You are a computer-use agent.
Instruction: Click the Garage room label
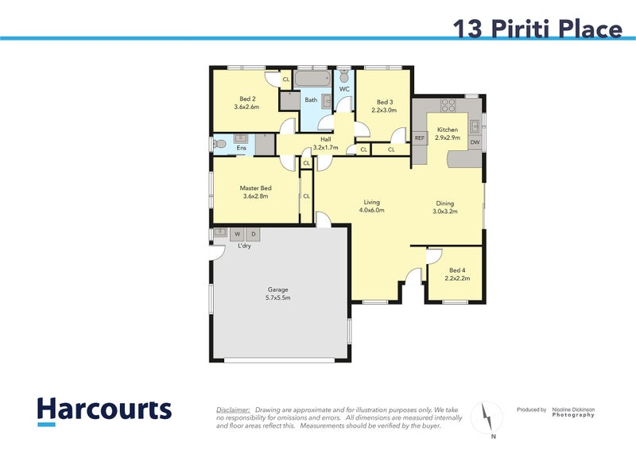pyautogui.click(x=278, y=289)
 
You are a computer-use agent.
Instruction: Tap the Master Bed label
pyautogui.click(x=255, y=188)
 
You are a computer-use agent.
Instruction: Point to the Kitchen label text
pyautogui.click(x=447, y=130)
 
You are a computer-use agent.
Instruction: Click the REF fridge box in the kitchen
pyautogui.click(x=420, y=138)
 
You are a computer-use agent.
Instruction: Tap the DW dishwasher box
pyautogui.click(x=475, y=142)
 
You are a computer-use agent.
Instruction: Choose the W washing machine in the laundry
pyautogui.click(x=237, y=235)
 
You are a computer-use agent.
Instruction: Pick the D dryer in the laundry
pyautogui.click(x=253, y=235)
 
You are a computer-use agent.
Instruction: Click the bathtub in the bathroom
pyautogui.click(x=312, y=80)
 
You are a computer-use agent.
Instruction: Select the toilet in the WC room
pyautogui.click(x=344, y=76)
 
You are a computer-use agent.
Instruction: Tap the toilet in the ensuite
pyautogui.click(x=219, y=145)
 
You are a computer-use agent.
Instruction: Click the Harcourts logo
pyautogui.click(x=104, y=411)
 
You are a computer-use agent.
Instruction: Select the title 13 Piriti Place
pyautogui.click(x=537, y=29)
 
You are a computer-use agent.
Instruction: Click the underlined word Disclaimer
pyautogui.click(x=233, y=409)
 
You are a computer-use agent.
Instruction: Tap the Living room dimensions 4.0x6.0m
pyautogui.click(x=371, y=211)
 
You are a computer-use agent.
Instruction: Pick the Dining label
pyautogui.click(x=444, y=203)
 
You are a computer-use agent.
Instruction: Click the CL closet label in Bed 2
pyautogui.click(x=286, y=79)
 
